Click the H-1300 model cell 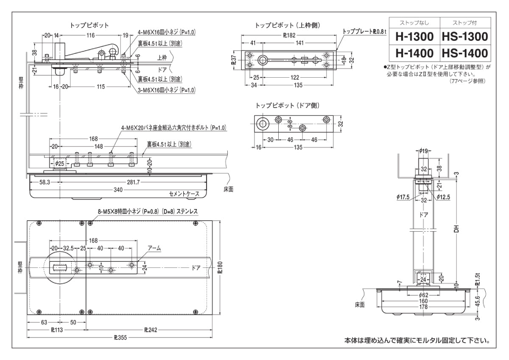(414, 37)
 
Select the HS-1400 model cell (464, 53)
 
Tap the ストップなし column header (414, 23)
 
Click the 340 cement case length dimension (118, 190)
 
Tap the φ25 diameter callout (60, 163)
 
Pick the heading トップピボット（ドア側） (287, 105)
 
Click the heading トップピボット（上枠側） (287, 25)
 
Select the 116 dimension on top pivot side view (90, 35)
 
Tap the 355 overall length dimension (119, 338)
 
